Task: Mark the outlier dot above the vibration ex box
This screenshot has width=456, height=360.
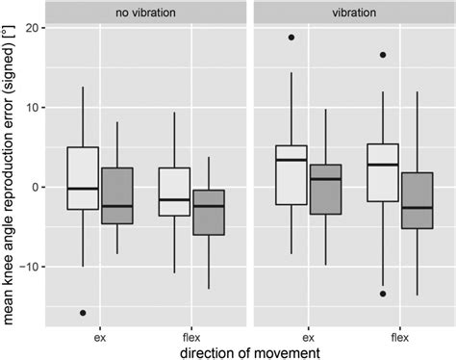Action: tap(291, 38)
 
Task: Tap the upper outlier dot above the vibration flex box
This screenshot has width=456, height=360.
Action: tap(383, 55)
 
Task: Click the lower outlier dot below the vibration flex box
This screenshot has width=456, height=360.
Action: tap(383, 294)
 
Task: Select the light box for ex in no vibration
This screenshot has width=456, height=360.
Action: tap(83, 178)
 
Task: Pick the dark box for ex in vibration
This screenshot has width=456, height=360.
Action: tap(326, 189)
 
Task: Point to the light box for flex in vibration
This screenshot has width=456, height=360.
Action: tap(383, 172)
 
